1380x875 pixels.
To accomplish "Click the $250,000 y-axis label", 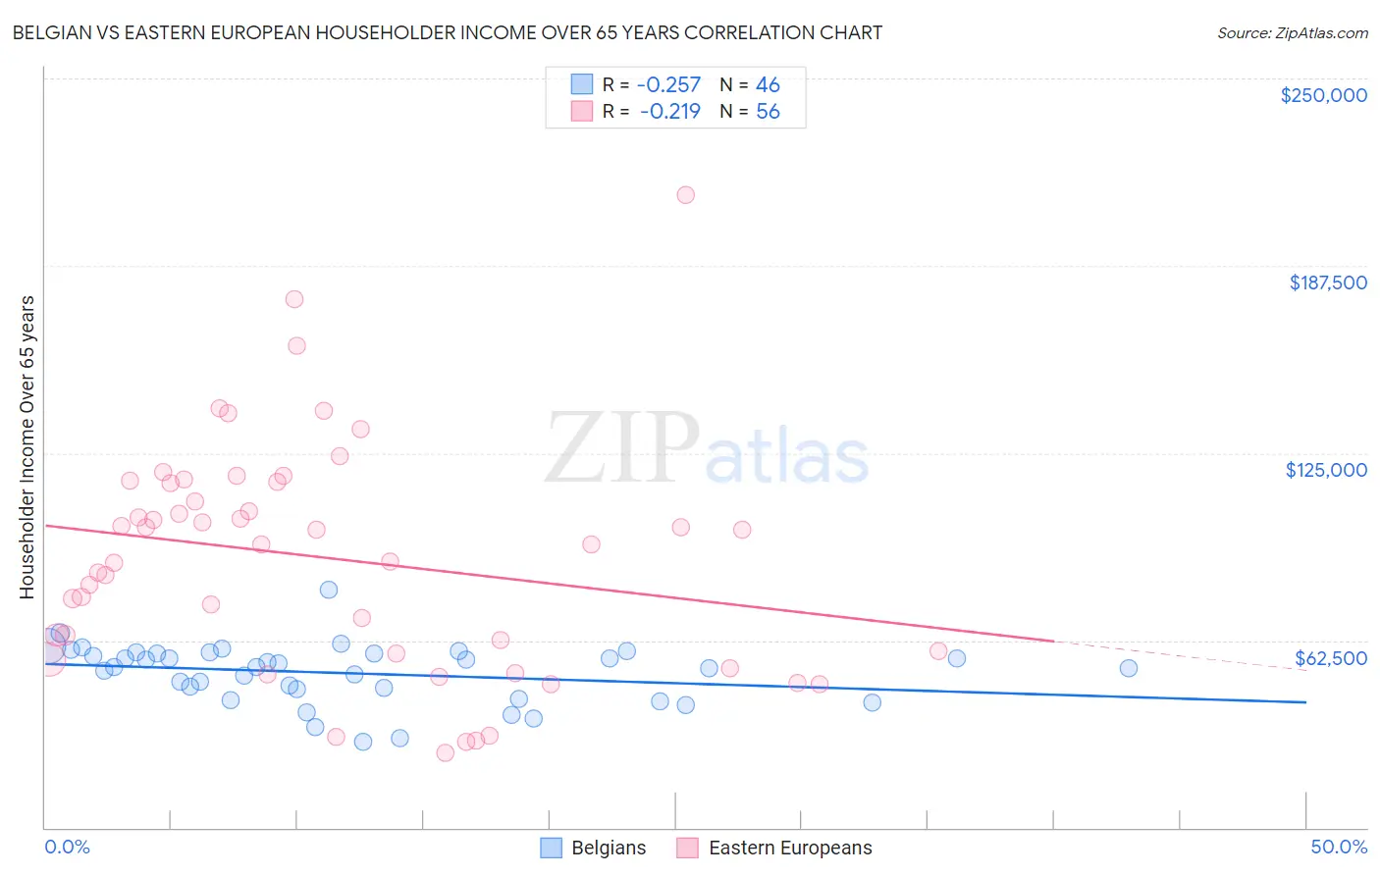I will (x=1323, y=95).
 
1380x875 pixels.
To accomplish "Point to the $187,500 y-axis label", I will (x=1327, y=283).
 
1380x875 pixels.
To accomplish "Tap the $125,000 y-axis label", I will (x=1326, y=470).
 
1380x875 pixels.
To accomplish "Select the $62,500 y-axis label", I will (x=1330, y=658).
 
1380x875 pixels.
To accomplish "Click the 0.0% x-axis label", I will (x=67, y=847).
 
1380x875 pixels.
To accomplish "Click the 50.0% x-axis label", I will (x=1339, y=847).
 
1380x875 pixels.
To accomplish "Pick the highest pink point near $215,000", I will (x=686, y=195).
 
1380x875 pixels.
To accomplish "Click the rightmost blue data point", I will (x=1129, y=668).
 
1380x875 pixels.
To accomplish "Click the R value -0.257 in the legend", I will (x=668, y=85).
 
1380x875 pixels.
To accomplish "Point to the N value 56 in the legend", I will (x=768, y=112).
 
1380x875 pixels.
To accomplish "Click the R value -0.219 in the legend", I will (x=669, y=112).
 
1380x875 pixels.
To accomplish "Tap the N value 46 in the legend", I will (x=768, y=85).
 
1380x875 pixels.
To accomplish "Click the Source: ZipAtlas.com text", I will (x=1292, y=32).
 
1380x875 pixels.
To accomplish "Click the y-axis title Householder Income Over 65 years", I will (x=27, y=446).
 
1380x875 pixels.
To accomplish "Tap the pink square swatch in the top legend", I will (x=582, y=111).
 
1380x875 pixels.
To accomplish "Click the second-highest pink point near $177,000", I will (x=294, y=299).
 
